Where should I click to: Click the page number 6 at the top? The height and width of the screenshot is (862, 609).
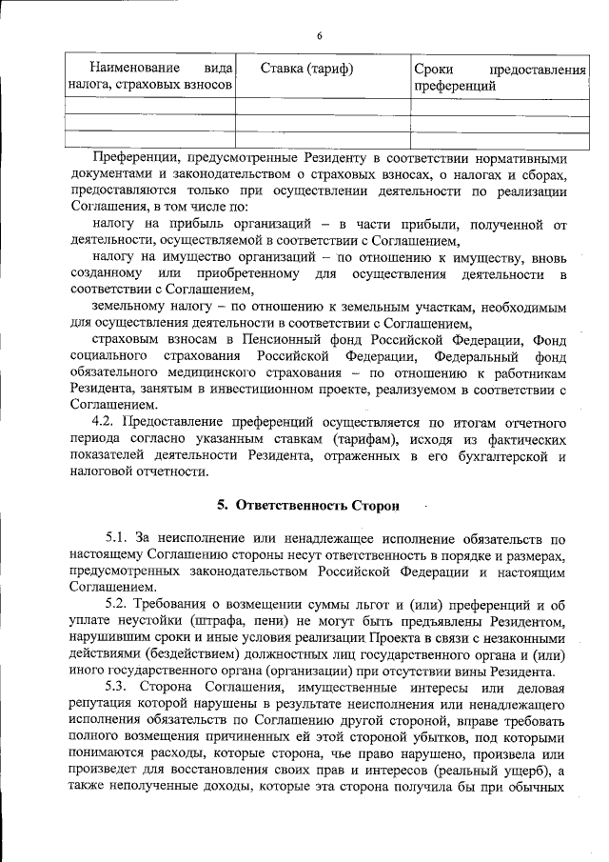coord(320,35)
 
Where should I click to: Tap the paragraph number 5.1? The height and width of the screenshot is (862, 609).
coord(118,539)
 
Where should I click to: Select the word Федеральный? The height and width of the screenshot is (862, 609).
coord(451,356)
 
